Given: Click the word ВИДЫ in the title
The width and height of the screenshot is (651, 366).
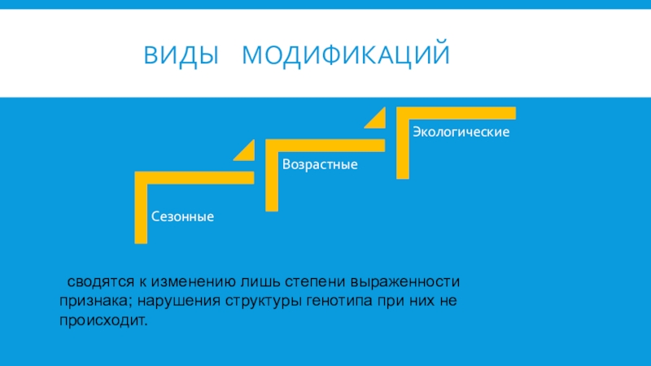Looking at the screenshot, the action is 181,56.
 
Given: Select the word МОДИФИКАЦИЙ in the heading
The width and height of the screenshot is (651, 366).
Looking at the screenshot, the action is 346,56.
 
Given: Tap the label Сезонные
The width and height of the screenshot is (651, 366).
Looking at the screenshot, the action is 182,217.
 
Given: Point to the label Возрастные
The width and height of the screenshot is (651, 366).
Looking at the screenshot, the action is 321,164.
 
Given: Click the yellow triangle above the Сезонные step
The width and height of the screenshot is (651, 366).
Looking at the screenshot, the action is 246,151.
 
